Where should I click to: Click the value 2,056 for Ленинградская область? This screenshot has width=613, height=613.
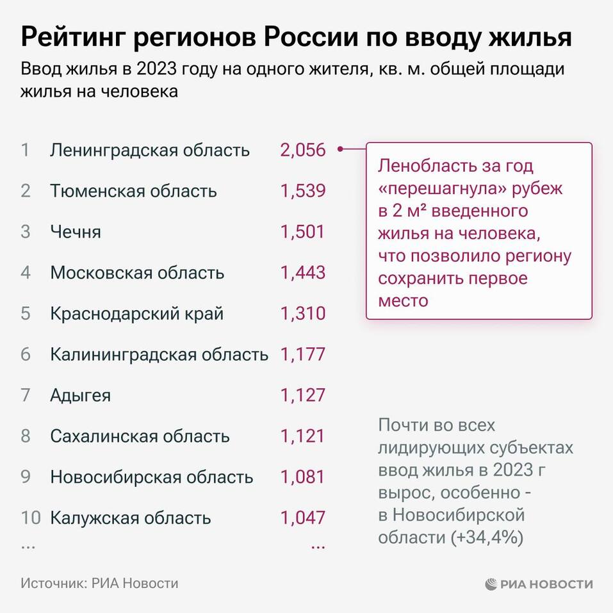[x=302, y=151]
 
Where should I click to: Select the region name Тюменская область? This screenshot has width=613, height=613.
[x=133, y=191]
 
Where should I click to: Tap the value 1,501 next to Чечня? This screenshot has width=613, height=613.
[x=302, y=232]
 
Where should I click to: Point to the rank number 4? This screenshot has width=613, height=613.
[x=26, y=272]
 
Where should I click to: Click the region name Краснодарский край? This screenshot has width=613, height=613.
[x=136, y=314]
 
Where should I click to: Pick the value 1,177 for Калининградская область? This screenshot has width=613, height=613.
[x=302, y=354]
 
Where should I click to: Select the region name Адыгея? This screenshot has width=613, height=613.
[x=80, y=395]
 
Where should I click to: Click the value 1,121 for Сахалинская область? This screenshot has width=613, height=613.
[x=302, y=436]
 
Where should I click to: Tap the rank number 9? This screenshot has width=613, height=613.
[x=26, y=477]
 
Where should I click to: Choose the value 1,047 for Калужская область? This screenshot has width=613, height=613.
[x=302, y=518]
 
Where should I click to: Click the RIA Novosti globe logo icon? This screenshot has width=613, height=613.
[x=491, y=584]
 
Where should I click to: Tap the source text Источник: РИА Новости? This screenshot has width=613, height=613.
[x=99, y=584]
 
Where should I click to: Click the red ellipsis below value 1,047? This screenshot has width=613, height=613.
[x=318, y=546]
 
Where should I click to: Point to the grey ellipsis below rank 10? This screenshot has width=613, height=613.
[x=28, y=546]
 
